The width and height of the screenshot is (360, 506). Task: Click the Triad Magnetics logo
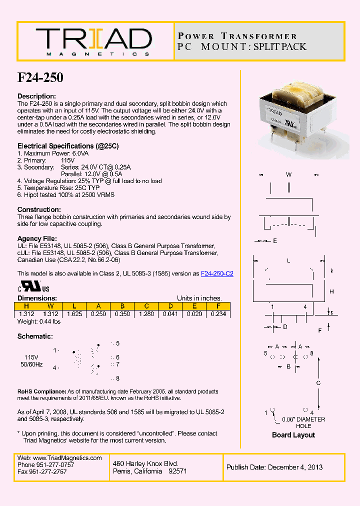[x=93, y=41]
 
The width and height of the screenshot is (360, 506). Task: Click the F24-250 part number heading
[x=40, y=77]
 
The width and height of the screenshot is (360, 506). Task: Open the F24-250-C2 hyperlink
[x=217, y=273]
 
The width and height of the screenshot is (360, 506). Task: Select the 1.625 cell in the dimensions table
[x=74, y=314]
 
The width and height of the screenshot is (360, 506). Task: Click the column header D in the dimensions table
[x=170, y=306]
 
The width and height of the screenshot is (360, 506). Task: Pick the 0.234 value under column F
[x=218, y=314]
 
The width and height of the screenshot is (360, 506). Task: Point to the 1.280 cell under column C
[x=146, y=314]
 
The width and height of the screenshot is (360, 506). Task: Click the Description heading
[x=36, y=96]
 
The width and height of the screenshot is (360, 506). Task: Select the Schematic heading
[x=35, y=336]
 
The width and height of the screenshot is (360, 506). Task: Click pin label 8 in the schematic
[x=117, y=378]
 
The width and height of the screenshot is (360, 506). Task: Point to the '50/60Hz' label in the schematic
[x=31, y=364]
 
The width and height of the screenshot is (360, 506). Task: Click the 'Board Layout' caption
[x=293, y=435]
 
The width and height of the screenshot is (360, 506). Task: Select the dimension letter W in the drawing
[x=288, y=174]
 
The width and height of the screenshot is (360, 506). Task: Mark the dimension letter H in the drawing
[x=331, y=291]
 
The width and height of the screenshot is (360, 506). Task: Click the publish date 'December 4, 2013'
[x=295, y=467]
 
